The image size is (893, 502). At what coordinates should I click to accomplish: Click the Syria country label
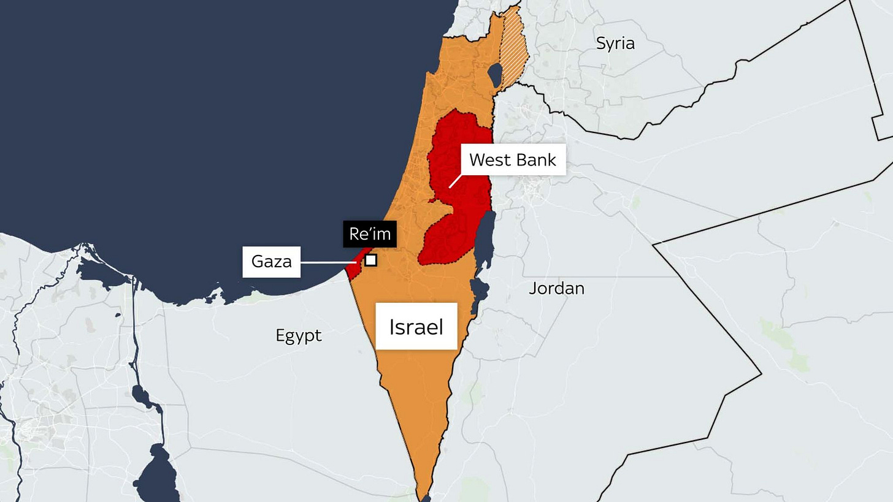[x=615, y=44]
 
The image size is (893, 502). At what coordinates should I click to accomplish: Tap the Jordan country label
[x=556, y=288]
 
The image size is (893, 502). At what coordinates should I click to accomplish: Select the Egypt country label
[x=299, y=335]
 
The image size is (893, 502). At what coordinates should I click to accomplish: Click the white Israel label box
[x=416, y=326]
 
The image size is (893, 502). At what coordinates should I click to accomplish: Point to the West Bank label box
[x=513, y=160]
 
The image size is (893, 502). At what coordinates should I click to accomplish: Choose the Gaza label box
[x=271, y=262]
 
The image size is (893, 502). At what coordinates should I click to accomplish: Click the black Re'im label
[x=370, y=234]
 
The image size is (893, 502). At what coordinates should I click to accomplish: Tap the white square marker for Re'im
[x=370, y=260]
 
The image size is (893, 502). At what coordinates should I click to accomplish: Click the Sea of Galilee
[x=494, y=74]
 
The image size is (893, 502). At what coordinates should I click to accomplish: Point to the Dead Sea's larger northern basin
[x=485, y=239]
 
